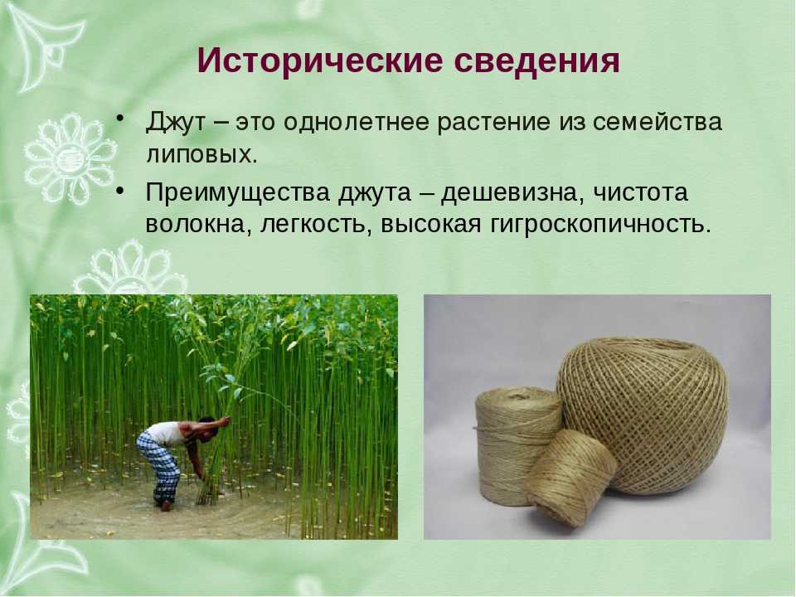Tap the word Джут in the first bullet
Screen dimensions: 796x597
(x=176, y=123)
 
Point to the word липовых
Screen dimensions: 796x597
(x=201, y=155)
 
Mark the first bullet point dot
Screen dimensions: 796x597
(x=119, y=119)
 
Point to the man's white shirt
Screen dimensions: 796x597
(x=167, y=433)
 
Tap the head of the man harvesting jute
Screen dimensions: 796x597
(x=207, y=427)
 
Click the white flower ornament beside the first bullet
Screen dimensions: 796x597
(x=70, y=158)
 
